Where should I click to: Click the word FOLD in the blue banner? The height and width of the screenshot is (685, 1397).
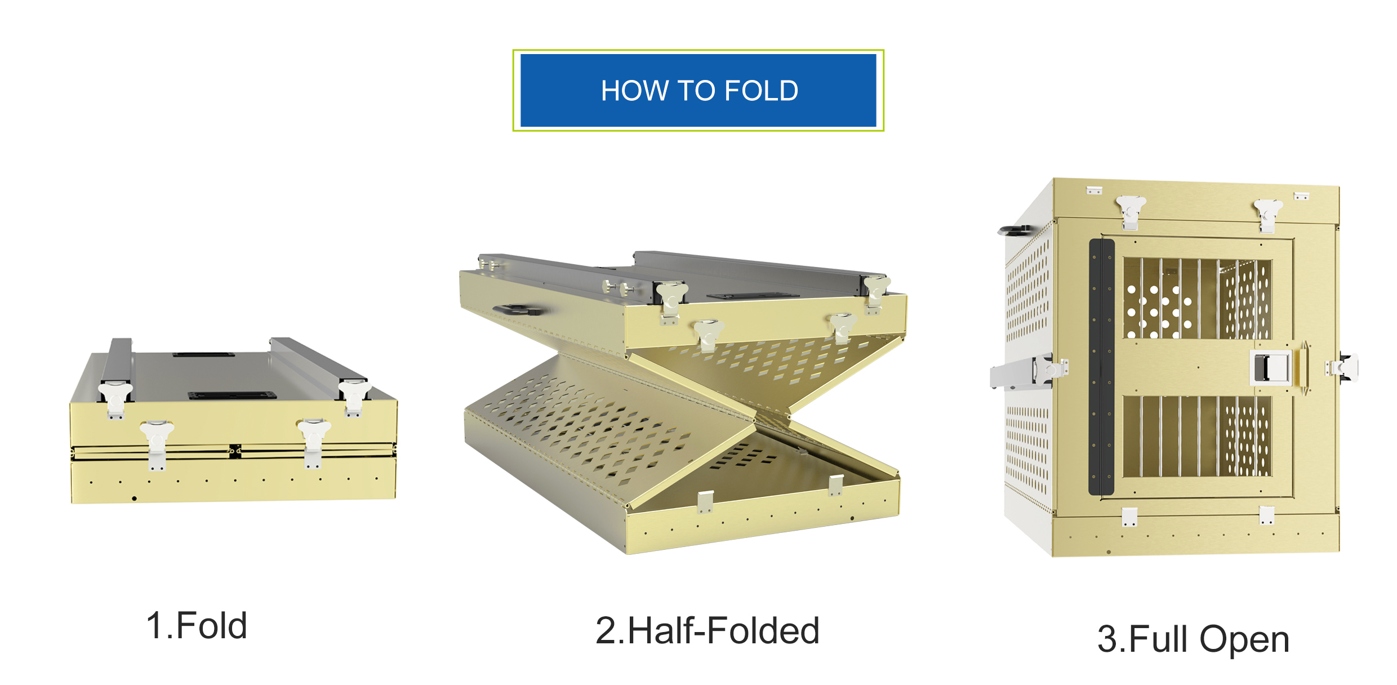pos(761,91)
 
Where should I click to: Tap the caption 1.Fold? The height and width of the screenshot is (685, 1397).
pos(197,625)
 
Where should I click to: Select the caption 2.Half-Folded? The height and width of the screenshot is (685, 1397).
pos(707,630)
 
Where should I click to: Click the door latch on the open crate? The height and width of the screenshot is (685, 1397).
pos(1271,367)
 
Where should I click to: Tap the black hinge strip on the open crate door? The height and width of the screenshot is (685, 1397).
pos(1102,367)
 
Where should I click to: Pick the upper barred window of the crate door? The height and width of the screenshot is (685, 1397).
pos(1197,299)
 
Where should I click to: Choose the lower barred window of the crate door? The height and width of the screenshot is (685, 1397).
pos(1197,436)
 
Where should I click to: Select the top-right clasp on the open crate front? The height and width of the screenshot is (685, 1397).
pos(1267,216)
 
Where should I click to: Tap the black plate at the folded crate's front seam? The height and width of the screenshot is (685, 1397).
pos(235,451)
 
